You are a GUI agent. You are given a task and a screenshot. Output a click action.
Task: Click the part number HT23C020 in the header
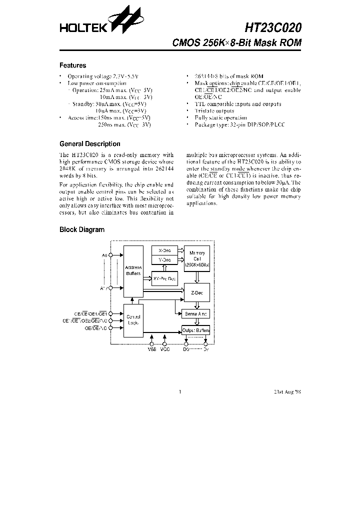pyautogui.click(x=273, y=27)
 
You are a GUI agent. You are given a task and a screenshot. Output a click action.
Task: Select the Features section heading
pyautogui.click(x=72, y=65)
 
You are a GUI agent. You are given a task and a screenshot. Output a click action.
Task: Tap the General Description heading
pyautogui.click(x=89, y=144)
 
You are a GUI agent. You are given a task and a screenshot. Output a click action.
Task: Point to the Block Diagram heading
pyautogui.click(x=82, y=230)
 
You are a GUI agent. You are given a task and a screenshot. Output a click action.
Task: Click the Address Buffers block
pyautogui.click(x=133, y=271)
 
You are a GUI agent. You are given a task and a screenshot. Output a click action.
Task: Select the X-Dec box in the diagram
pyautogui.click(x=164, y=250)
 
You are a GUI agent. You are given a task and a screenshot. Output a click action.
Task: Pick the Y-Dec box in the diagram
pyautogui.click(x=164, y=260)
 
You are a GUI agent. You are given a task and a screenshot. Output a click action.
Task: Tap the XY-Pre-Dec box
pyautogui.click(x=164, y=278)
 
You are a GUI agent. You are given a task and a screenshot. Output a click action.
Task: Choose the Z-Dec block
pyautogui.click(x=196, y=292)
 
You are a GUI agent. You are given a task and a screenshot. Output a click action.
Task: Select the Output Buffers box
pyautogui.click(x=196, y=331)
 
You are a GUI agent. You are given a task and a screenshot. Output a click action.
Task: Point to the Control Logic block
pyautogui.click(x=133, y=320)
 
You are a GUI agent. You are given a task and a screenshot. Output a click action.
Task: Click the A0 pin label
pyautogui.click(x=104, y=255)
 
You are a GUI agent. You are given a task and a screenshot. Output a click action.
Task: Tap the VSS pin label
pyautogui.click(x=152, y=349)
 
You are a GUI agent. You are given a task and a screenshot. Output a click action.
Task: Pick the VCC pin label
pyautogui.click(x=165, y=349)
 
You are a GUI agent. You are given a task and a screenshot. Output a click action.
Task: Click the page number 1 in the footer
pyautogui.click(x=179, y=392)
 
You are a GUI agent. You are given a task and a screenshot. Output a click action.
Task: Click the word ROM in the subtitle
pyautogui.click(x=291, y=43)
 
